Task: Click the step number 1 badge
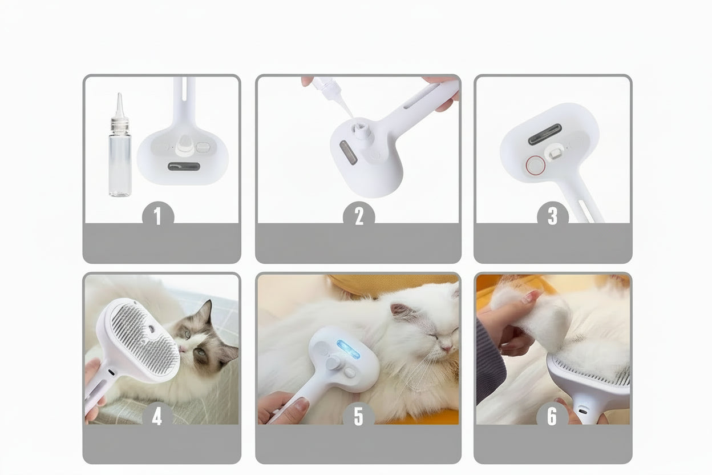[158, 216]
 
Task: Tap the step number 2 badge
[359, 216]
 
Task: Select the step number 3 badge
[553, 216]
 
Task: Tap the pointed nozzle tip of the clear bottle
[119, 94]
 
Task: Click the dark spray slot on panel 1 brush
[184, 166]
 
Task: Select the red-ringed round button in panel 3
[536, 165]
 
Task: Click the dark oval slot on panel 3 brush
[545, 134]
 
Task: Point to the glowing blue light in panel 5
[349, 349]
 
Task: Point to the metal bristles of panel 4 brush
[145, 337]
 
